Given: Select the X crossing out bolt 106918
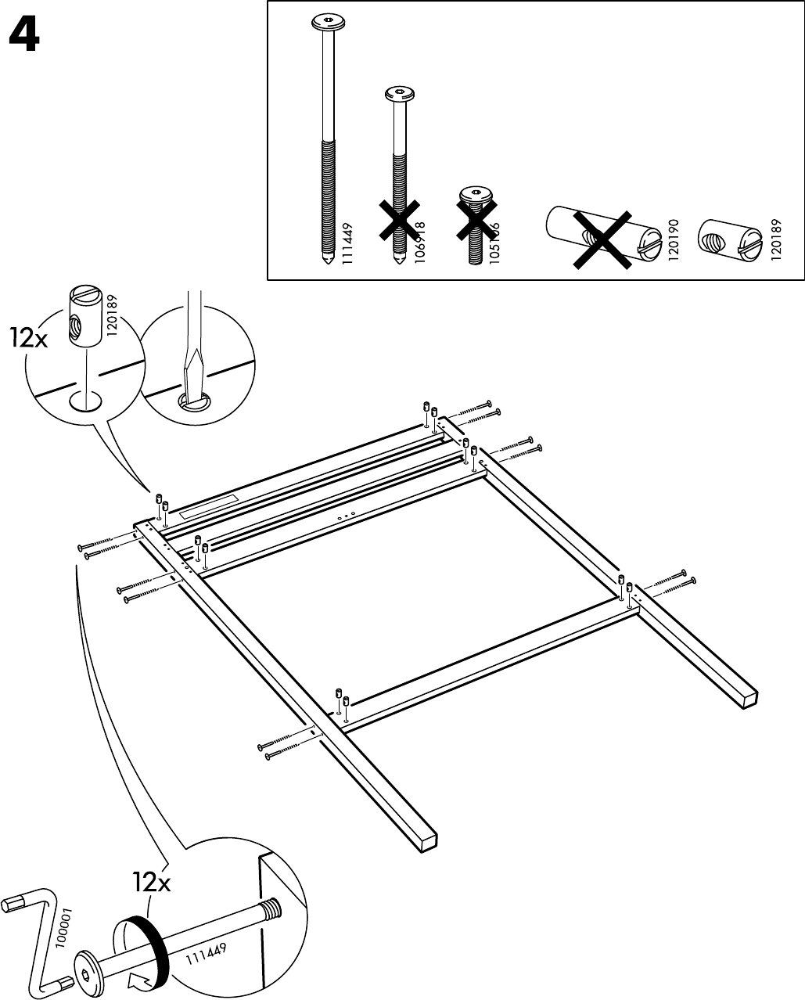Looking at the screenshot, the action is tap(398, 220).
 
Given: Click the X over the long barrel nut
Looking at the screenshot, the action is tap(600, 239).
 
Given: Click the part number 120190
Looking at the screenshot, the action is tap(674, 239).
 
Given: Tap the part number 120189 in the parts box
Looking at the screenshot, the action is tap(774, 239).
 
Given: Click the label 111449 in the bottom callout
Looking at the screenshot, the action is tap(207, 955).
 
